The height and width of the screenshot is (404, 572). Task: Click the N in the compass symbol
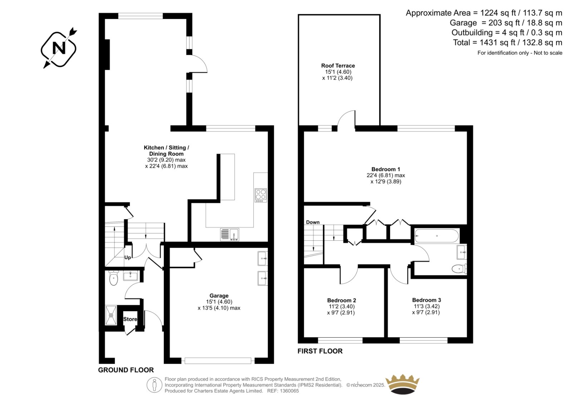click(59, 48)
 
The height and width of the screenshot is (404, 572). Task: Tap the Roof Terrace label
click(338, 66)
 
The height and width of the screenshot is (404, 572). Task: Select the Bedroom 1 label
click(386, 169)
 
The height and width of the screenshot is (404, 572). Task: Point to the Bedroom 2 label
click(341, 300)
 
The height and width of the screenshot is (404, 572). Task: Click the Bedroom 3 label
click(426, 300)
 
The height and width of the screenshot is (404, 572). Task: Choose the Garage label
click(219, 295)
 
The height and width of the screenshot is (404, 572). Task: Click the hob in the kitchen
click(261, 195)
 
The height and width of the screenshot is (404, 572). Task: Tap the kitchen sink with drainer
click(230, 234)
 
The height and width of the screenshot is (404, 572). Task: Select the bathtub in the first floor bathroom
click(437, 236)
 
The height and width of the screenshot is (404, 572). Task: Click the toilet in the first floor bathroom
click(459, 269)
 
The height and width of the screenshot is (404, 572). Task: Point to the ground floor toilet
click(113, 278)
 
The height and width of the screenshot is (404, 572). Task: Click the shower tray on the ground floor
click(111, 315)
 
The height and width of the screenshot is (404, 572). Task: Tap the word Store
click(130, 319)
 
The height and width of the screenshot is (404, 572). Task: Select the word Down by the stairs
click(313, 222)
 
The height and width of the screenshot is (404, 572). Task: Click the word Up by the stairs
click(128, 258)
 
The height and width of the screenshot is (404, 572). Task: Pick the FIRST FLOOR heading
click(320, 351)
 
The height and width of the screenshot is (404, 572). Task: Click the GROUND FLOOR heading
click(126, 370)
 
